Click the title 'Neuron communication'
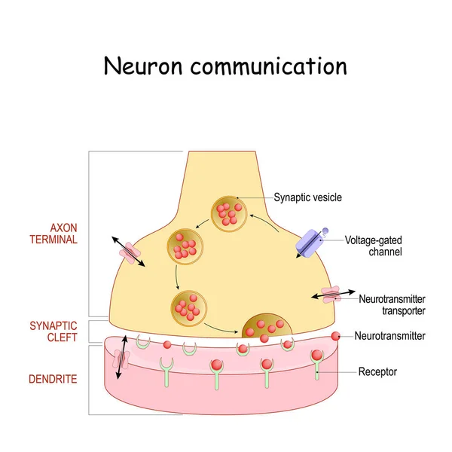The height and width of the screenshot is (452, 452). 225,66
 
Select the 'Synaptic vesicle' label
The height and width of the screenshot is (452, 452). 307,197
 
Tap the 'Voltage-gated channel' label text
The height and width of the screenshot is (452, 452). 372,246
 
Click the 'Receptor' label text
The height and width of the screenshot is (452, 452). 377,371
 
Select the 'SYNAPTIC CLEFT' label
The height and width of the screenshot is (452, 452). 53,331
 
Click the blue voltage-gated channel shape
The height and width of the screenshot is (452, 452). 310,242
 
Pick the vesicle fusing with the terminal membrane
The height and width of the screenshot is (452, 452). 267,325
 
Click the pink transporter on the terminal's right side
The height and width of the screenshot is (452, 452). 331,294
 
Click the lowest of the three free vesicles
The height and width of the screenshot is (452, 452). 187,306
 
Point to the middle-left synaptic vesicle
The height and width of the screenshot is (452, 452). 185,245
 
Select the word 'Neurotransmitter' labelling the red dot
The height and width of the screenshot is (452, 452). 389,336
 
